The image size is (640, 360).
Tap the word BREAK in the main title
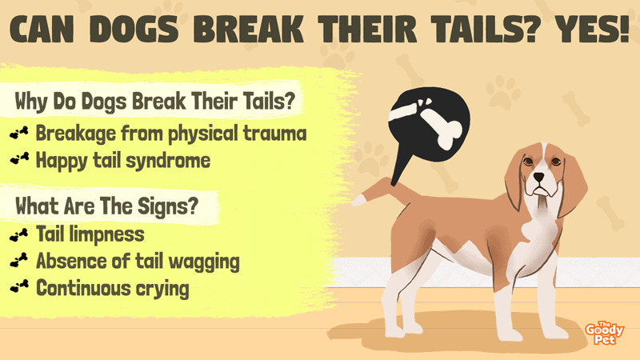248,30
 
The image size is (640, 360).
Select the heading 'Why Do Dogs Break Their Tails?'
154,101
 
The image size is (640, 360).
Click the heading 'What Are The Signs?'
106,206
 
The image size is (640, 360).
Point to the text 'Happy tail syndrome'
123,161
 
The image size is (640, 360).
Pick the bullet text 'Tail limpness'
90,234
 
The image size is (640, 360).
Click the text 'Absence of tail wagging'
138,262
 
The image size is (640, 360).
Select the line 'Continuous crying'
112,288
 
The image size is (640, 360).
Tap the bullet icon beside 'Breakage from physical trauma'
19,133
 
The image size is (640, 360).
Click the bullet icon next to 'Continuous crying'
19,286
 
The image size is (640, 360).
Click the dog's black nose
538,177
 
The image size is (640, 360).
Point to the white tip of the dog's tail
358,200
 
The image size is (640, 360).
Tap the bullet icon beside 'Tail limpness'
19,234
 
